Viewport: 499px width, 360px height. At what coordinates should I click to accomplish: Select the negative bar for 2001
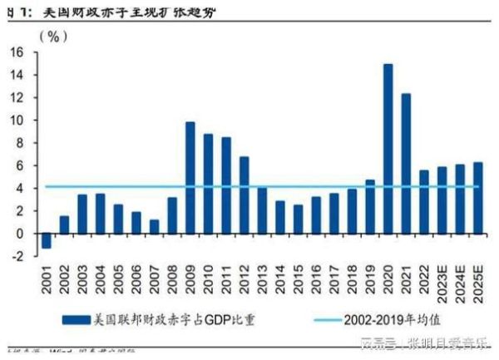[x=46, y=240]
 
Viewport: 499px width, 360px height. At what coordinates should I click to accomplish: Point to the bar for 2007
[x=154, y=226]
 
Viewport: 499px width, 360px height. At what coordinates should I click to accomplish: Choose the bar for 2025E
[x=477, y=197]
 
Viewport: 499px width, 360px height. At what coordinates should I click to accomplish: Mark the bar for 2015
[x=298, y=219]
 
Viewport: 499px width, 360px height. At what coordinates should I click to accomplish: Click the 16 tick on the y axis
[x=17, y=52]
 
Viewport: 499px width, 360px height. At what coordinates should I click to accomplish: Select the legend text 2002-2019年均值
[x=393, y=319]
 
